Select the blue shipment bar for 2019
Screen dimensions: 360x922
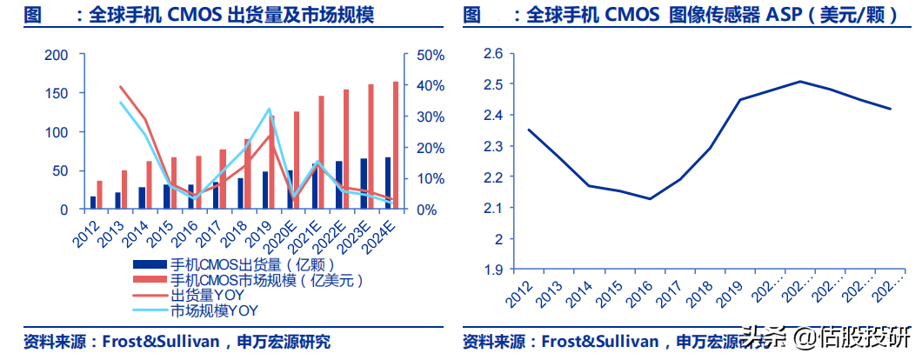coord(265,190)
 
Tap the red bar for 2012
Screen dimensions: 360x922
coord(99,195)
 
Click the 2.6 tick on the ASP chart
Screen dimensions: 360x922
coord(493,54)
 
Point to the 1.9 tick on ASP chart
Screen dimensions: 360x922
coord(493,270)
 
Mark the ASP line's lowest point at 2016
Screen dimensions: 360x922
coord(650,198)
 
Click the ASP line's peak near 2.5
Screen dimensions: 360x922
coord(799,82)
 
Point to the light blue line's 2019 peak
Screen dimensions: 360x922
coord(269,110)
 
